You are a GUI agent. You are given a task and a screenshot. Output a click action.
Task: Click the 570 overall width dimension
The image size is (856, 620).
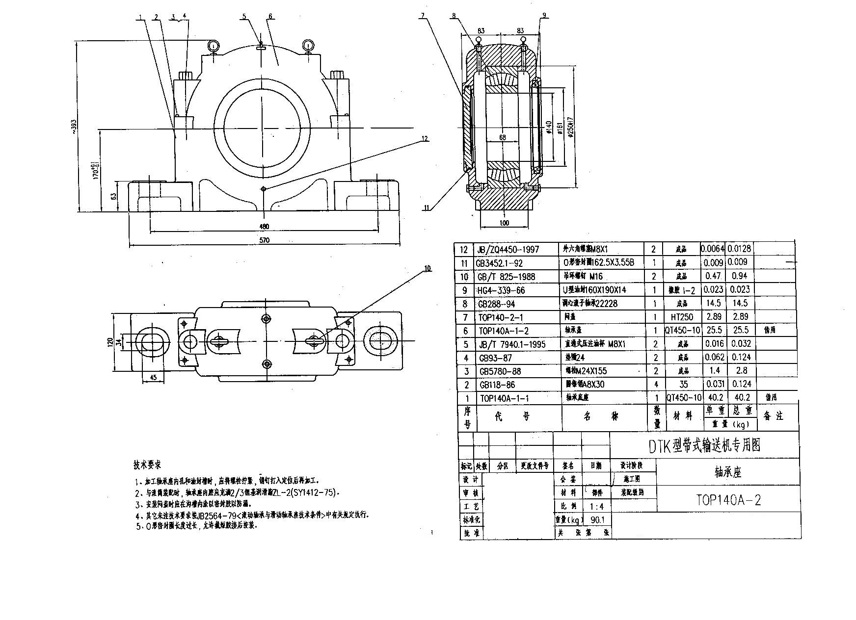(x=265, y=240)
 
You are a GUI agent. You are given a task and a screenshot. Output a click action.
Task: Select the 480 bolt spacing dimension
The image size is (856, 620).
(x=264, y=226)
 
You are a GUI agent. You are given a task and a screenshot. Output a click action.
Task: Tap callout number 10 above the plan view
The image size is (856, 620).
(x=427, y=268)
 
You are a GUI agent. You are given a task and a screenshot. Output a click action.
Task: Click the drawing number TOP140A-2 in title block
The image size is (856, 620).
(x=728, y=500)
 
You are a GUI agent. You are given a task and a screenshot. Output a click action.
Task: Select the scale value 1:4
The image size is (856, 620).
(x=596, y=506)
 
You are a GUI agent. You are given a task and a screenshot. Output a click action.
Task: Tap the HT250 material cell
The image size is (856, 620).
(x=682, y=317)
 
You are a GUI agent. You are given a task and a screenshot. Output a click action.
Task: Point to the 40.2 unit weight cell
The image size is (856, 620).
(x=713, y=398)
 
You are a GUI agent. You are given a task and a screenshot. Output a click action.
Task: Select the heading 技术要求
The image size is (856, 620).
(x=147, y=464)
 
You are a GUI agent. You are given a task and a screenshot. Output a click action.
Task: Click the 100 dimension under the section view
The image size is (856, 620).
(x=504, y=223)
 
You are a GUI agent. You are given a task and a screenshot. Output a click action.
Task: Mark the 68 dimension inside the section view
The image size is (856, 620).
(x=502, y=138)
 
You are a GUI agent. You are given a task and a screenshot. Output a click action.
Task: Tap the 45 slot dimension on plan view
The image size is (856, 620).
(x=153, y=377)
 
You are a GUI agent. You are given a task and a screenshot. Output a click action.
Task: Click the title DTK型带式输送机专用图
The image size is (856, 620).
(x=704, y=445)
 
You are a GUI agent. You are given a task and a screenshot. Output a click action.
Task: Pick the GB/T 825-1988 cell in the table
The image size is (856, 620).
(x=506, y=277)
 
